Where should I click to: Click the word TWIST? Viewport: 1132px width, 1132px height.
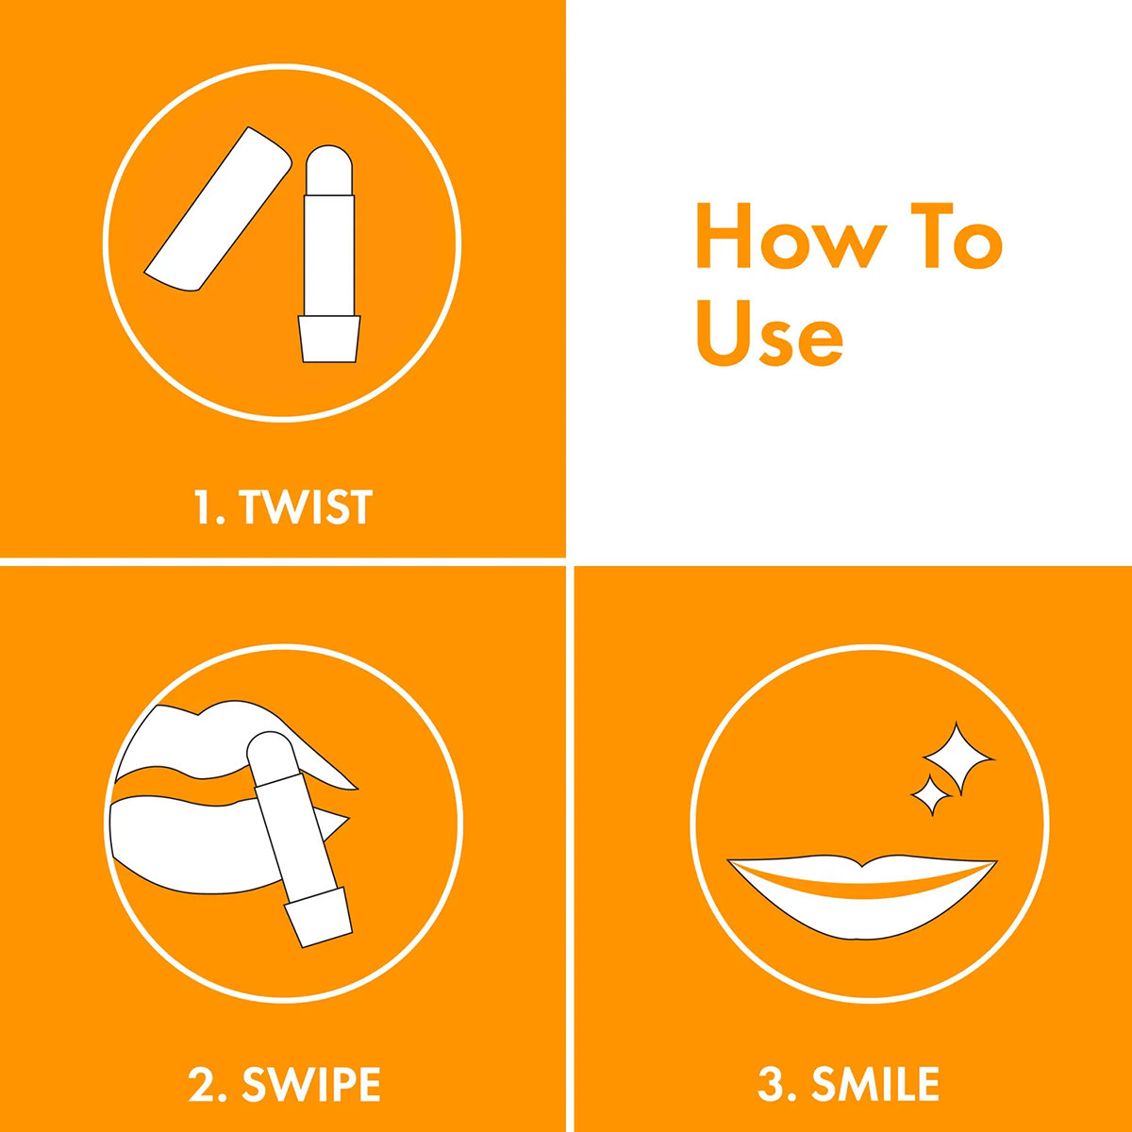point(306,507)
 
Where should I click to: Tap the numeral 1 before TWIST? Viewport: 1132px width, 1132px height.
point(202,507)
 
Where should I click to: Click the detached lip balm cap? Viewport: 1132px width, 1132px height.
point(218,209)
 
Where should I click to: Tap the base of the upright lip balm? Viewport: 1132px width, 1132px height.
point(329,339)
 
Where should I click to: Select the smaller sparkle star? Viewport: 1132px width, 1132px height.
point(932,795)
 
